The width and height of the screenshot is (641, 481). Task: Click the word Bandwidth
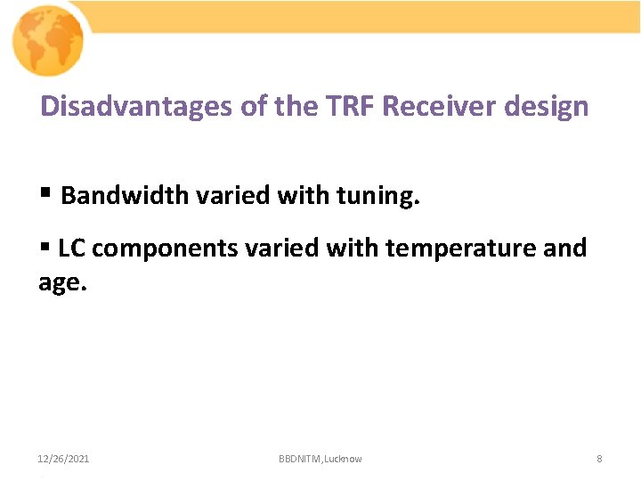pyautogui.click(x=125, y=196)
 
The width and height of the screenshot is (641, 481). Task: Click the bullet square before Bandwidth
pyautogui.click(x=45, y=194)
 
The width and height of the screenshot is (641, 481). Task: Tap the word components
pyautogui.click(x=165, y=249)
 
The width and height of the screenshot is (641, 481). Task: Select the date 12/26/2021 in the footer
pyautogui.click(x=63, y=459)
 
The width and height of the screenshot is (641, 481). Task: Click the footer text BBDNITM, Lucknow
pyautogui.click(x=320, y=459)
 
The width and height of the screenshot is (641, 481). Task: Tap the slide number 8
pyautogui.click(x=599, y=459)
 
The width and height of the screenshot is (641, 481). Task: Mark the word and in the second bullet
pyautogui.click(x=564, y=248)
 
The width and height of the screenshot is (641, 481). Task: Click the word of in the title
pyautogui.click(x=255, y=107)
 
